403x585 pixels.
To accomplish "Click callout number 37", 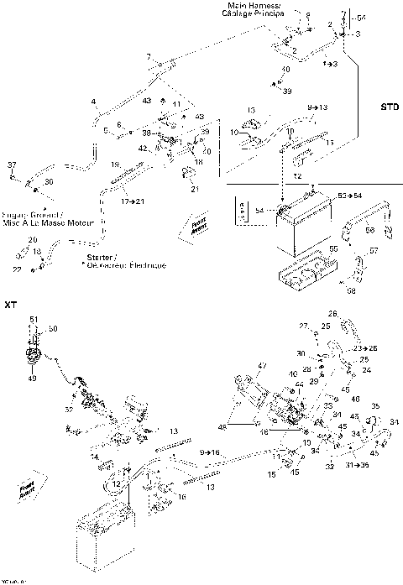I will click(12, 163).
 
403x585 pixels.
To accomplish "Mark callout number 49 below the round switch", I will click(34, 379).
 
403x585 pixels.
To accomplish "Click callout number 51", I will click(34, 319).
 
